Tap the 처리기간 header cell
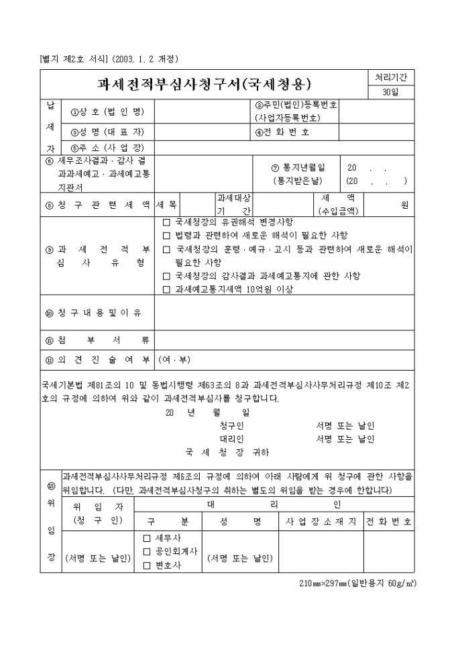[x=390, y=77]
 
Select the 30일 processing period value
[x=390, y=92]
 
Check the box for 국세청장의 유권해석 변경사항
[x=167, y=222]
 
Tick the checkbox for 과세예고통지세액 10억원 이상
[x=167, y=289]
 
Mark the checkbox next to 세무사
[x=147, y=539]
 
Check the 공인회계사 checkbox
[x=147, y=552]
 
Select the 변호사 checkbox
[x=147, y=565]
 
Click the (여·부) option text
[x=174, y=359]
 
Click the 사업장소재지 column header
[x=323, y=521]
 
